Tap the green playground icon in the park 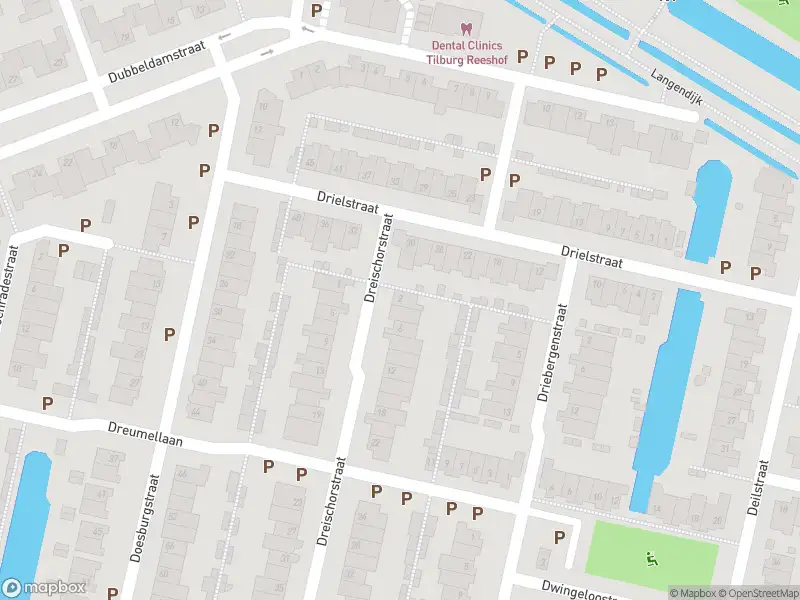652,557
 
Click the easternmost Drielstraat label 592,258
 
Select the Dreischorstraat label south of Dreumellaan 327,502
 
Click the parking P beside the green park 559,537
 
